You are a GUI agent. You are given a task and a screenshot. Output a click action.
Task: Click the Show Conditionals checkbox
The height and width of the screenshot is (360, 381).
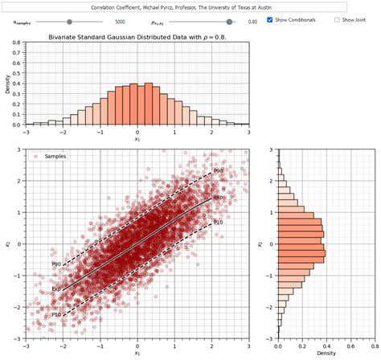coord(270,19)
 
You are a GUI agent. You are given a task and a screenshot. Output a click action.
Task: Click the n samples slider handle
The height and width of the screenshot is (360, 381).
coord(70,21)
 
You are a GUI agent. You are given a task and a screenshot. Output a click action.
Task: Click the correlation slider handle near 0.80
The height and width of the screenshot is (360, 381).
coord(231,21)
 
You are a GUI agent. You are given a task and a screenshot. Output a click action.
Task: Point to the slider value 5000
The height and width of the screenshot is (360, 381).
coord(120,21)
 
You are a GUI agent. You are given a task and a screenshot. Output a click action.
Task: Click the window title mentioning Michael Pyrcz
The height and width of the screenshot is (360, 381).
coord(182,6)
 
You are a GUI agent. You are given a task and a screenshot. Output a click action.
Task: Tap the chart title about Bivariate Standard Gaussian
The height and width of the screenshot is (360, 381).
coord(138,36)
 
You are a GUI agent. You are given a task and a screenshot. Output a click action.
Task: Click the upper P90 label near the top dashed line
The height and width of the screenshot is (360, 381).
coord(218,171)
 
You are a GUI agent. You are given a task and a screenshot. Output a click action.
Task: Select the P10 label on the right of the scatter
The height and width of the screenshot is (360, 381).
coord(218,222)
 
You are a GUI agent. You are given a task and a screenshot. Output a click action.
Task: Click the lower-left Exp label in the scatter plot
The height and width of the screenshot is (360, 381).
coord(56,288)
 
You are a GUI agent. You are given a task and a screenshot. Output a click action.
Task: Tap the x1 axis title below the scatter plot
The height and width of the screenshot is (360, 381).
coord(137,352)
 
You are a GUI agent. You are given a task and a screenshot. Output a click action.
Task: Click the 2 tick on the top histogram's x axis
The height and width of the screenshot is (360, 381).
coord(211,132)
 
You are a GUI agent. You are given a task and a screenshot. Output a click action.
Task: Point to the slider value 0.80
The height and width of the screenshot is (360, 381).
coord(252,21)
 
